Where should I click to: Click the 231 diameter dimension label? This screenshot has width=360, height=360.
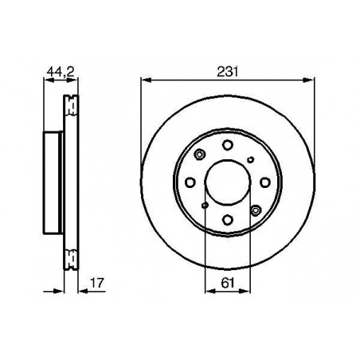(228, 72)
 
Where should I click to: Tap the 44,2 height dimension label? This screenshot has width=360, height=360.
(61, 72)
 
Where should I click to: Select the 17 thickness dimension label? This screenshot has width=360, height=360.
(97, 283)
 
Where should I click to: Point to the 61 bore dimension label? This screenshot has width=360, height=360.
(228, 283)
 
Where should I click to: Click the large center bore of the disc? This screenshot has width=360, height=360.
(228, 182)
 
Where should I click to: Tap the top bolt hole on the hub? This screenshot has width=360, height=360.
(228, 145)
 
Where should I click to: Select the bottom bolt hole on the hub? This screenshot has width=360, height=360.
(228, 220)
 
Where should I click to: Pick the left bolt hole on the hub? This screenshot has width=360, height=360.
(190, 182)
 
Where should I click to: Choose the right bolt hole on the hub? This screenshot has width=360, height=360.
(265, 182)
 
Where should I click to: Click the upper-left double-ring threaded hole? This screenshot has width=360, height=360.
(200, 155)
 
